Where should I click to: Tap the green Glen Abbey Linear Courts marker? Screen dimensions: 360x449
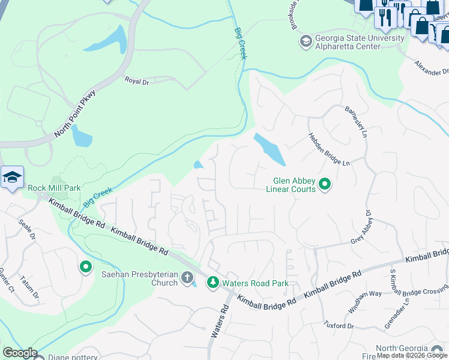tap(325, 184)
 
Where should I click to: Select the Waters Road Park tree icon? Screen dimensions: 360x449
tap(212, 282)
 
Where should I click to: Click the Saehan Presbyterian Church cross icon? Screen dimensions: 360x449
tap(187, 278)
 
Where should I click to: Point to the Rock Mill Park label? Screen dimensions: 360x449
tap(54, 188)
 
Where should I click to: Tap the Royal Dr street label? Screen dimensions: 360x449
tap(136, 81)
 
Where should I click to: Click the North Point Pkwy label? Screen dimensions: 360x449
tap(75, 114)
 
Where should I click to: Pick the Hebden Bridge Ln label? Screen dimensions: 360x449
tap(328, 149)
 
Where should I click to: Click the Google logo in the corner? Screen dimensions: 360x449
tap(20, 352)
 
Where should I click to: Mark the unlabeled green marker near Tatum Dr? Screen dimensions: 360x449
tap(85, 266)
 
